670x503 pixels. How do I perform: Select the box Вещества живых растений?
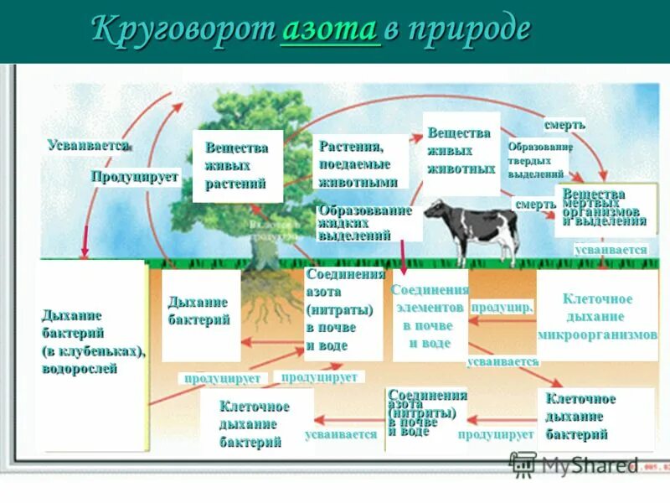coord(237,165)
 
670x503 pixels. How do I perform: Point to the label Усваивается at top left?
coord(89,145)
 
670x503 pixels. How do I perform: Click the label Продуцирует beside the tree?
coord(135,176)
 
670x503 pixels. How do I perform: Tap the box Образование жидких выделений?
coord(365,223)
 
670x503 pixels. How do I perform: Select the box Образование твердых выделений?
coord(539,159)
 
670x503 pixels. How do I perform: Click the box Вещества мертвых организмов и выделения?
coord(604,209)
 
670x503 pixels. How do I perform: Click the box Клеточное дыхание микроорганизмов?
coord(596,316)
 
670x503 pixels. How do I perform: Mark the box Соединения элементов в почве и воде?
coord(430,315)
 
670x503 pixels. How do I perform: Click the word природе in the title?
coord(469,30)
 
